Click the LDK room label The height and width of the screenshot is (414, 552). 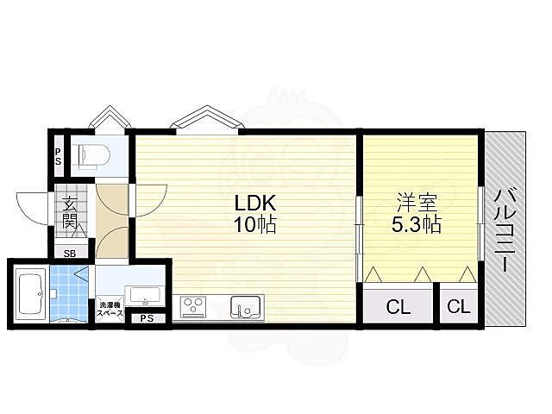click(x=254, y=204)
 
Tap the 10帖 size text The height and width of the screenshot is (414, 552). click(x=255, y=224)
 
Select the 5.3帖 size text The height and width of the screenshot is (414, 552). click(x=417, y=224)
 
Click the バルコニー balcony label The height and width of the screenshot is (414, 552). click(x=505, y=231)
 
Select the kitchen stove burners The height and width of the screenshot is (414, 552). click(x=192, y=305)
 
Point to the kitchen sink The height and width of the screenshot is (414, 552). click(x=246, y=307)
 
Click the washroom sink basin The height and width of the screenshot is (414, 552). click(x=145, y=296)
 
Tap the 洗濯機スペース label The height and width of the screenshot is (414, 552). click(x=110, y=309)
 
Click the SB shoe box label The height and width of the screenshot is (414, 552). click(x=70, y=253)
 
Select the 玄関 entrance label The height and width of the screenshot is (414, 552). click(x=70, y=213)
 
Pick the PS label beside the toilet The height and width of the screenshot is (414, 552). click(x=58, y=156)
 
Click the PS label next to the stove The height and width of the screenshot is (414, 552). click(x=147, y=318)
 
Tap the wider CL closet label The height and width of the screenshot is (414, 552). click(x=398, y=307)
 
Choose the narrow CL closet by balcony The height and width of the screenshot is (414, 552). click(x=459, y=306)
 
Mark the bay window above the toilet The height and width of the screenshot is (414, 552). click(x=110, y=116)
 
